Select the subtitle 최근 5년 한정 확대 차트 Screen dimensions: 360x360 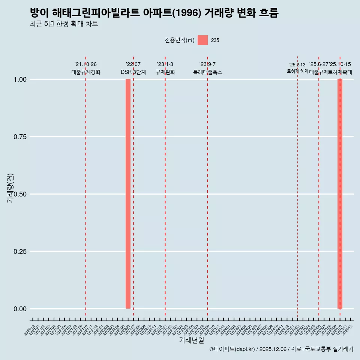pyautogui.click(x=64, y=24)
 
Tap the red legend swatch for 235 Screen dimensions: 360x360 pyautogui.click(x=202, y=40)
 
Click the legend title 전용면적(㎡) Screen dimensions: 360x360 pyautogui.click(x=179, y=40)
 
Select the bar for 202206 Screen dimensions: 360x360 pyautogui.click(x=128, y=194)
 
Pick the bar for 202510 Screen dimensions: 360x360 pyautogui.click(x=340, y=194)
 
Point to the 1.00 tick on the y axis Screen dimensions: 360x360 pyautogui.click(x=20, y=79)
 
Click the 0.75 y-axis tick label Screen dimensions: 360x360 pyautogui.click(x=20, y=137)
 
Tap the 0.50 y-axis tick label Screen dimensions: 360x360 pyautogui.click(x=20, y=194)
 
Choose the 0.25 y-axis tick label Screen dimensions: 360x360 pyautogui.click(x=20, y=252)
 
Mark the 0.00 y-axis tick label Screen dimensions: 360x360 pyautogui.click(x=20, y=309)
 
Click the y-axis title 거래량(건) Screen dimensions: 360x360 pyautogui.click(x=10, y=188)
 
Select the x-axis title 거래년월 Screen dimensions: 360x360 pyautogui.click(x=192, y=340)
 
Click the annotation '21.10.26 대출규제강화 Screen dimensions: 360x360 pyautogui.click(x=86, y=68)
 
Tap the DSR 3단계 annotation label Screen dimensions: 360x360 pyautogui.click(x=133, y=72)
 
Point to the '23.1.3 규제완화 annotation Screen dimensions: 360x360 pyautogui.click(x=165, y=68)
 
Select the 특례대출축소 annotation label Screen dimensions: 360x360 pyautogui.click(x=207, y=72)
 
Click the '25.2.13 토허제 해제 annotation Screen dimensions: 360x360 pyautogui.click(x=297, y=68)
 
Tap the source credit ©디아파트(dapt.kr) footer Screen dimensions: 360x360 pyautogui.click(x=281, y=349)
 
